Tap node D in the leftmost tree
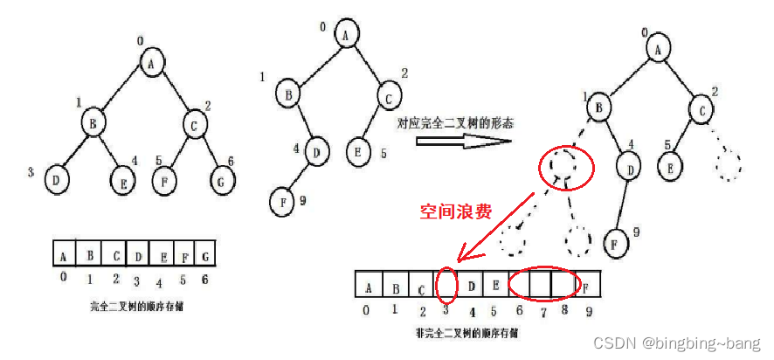(57, 179)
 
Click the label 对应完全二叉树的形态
(454, 124)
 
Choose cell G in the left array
(204, 256)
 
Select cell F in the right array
(588, 287)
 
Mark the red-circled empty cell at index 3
(446, 284)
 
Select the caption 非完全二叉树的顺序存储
(466, 333)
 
